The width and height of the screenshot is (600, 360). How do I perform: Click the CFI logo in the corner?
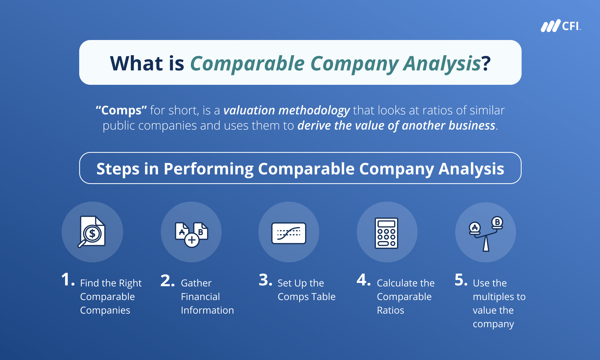click(561, 26)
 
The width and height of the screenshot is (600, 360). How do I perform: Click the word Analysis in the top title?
click(442, 64)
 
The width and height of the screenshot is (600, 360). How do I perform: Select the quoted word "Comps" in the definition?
click(121, 110)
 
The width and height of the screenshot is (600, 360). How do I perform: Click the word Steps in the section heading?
click(118, 169)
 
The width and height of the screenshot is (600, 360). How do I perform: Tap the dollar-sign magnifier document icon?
click(91, 232)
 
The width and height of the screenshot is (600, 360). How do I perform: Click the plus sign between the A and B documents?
click(192, 240)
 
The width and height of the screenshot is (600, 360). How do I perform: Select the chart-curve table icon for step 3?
click(289, 233)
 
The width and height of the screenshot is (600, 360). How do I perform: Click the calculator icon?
click(386, 233)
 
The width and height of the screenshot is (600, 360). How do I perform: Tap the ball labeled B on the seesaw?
click(497, 222)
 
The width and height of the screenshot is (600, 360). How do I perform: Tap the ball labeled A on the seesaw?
click(475, 227)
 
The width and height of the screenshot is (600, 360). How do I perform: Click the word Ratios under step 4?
click(390, 310)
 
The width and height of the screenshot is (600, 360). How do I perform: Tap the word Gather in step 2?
click(196, 283)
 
